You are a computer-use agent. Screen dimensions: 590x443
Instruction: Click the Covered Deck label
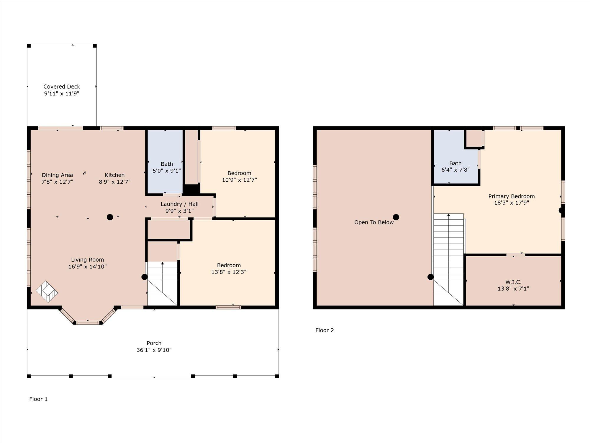coord(62,87)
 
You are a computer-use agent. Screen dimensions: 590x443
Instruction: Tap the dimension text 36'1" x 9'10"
coord(154,350)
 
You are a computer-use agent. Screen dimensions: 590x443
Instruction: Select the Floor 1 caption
coord(38,399)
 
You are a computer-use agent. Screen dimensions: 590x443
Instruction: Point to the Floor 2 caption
coord(324,330)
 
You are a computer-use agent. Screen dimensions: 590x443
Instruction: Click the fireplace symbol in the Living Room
coord(47,291)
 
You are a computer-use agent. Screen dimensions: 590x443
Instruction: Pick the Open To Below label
coord(374,222)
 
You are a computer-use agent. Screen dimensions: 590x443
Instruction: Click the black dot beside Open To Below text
coord(396,217)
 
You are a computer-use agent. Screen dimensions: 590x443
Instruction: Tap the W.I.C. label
coord(513,282)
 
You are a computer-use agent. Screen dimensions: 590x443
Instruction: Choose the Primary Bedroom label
coord(512,196)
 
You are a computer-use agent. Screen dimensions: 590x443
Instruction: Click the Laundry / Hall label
coord(179,204)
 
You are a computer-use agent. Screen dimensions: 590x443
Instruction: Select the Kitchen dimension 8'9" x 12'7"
coord(114,182)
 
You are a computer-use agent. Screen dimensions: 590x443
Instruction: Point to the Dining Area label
coord(57,175)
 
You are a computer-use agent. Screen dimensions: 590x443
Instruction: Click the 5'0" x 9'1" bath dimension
coord(167,170)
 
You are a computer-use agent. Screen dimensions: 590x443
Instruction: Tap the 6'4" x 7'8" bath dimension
coord(455,170)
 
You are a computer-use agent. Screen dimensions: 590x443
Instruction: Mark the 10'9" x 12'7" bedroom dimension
coord(239,180)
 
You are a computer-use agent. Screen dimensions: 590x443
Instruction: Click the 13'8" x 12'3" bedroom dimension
coord(229,272)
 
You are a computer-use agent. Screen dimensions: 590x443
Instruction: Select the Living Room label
coord(87,260)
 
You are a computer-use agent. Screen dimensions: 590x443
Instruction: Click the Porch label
coord(154,343)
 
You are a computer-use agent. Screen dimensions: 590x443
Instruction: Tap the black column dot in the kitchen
coord(110,217)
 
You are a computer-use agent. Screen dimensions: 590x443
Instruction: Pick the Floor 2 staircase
coord(448,259)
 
